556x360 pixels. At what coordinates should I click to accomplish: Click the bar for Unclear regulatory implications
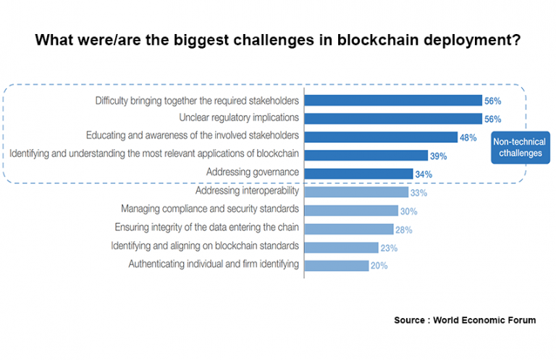coord(393,118)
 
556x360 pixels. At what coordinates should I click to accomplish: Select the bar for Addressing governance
coord(358,173)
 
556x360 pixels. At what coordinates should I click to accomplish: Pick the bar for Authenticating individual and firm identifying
coord(337,265)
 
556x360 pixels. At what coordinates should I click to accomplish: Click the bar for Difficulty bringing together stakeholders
coord(393,100)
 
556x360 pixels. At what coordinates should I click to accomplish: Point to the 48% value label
coord(469,137)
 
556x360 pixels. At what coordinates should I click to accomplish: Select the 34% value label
coord(424,174)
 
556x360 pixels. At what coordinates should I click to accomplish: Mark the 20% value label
coord(379,266)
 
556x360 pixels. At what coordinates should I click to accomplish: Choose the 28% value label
coord(404,229)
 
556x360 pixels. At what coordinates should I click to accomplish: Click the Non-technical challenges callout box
coord(519,148)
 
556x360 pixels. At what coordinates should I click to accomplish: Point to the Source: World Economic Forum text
coord(465,319)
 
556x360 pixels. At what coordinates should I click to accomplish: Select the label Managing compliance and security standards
coord(209,209)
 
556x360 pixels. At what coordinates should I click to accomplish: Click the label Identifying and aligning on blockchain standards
coord(205,246)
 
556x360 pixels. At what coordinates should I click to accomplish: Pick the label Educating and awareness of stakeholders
coord(193,135)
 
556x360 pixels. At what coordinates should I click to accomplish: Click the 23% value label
coord(389,248)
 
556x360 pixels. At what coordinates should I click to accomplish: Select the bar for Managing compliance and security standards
coord(351,210)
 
